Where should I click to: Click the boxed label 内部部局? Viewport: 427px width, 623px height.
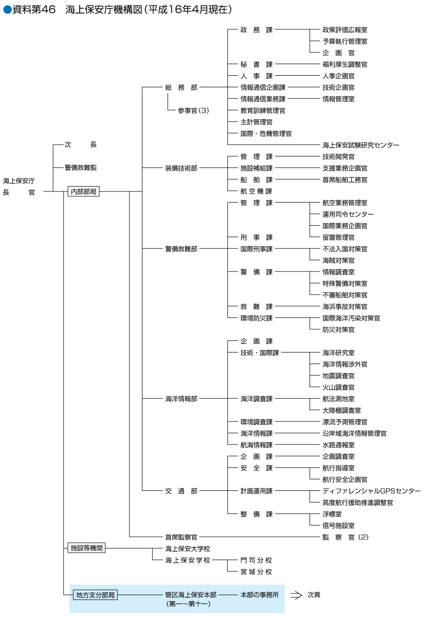coord(83,191)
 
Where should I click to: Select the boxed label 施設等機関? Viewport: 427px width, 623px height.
coord(86,548)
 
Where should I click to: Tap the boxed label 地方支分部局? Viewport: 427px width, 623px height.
coord(95,595)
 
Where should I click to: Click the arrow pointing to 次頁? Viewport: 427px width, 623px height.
coord(296,595)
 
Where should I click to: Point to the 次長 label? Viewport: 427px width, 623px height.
coord(81,145)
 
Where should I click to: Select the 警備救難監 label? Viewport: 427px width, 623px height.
coord(81,168)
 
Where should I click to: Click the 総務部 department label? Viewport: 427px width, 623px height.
coord(181,87)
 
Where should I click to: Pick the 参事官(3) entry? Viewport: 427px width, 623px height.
coord(193,110)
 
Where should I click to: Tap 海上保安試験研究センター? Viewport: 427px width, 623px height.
coord(361,145)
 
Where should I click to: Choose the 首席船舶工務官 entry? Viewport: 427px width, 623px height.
coord(344,180)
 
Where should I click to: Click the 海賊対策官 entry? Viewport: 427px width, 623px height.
coord(338,260)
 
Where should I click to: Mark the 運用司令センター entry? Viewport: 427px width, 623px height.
coord(348,214)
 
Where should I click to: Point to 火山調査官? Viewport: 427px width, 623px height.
coord(338,387)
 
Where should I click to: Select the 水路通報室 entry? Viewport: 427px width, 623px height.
coord(338,445)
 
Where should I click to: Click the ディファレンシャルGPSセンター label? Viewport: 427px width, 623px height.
coord(372,491)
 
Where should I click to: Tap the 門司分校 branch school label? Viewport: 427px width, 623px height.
coord(256,560)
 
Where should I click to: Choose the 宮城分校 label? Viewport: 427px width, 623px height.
coord(256,572)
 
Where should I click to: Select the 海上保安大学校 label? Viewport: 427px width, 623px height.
coord(188,549)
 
